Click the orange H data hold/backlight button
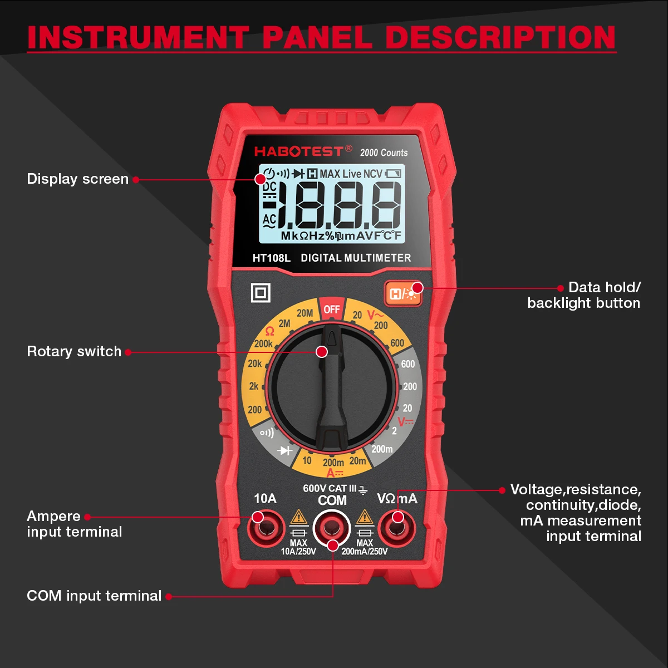coord(402,293)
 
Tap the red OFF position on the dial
coord(331,309)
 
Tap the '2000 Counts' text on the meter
coord(384,153)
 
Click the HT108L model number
coord(272,258)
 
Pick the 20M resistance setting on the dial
coord(304,313)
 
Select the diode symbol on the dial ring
coord(286,450)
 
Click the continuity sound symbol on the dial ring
coord(267,433)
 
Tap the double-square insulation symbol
coord(261,293)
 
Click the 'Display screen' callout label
coord(77,179)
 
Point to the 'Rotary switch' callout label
coord(74,351)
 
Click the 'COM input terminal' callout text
coord(94,596)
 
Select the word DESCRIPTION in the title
coord(500,37)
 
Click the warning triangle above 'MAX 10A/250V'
coord(299,517)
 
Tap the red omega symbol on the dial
coord(270,332)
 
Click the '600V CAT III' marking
coord(330,488)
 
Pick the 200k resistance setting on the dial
coord(263,344)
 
